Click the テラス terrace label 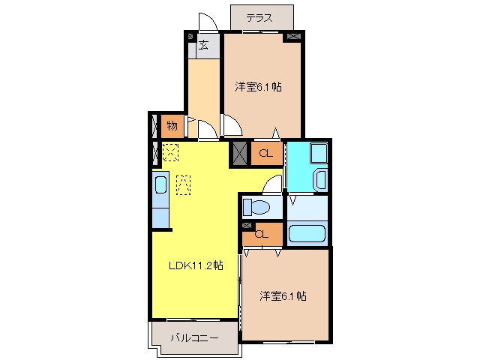(259, 18)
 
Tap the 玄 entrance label (203, 45)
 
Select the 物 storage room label (172, 126)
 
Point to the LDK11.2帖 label (196, 265)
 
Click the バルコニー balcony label (195, 338)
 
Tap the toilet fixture (256, 207)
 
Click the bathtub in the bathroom (307, 234)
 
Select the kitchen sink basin (160, 185)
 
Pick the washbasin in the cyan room (321, 181)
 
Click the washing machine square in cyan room (319, 153)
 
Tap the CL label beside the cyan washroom (265, 153)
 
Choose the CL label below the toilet (262, 235)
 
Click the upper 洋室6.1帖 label (258, 87)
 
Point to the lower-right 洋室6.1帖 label (283, 296)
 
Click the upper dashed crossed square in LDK (170, 152)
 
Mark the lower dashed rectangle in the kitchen (183, 185)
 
